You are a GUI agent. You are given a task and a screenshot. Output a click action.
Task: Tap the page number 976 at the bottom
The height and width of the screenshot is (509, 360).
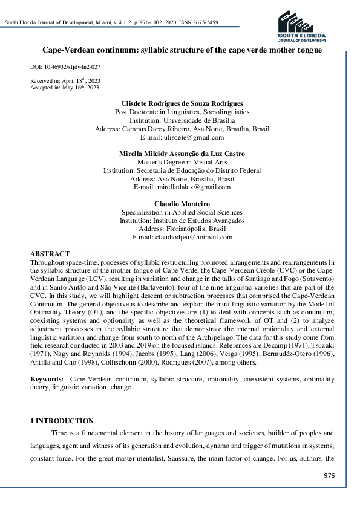pos(329,476)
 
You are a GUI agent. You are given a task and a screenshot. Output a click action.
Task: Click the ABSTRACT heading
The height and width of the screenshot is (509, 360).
pos(50,254)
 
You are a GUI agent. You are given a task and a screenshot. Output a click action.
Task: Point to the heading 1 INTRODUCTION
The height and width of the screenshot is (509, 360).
pos(62,421)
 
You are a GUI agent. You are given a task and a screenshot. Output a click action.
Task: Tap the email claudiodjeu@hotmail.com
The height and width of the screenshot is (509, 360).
pos(182,238)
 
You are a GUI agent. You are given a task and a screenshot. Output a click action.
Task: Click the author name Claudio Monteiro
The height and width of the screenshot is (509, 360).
pos(182,204)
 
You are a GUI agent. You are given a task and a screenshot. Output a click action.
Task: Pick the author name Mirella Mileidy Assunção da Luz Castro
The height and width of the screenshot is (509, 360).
pos(182,154)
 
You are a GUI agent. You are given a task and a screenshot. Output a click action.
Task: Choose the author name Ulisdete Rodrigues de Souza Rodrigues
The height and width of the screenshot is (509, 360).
pos(182,103)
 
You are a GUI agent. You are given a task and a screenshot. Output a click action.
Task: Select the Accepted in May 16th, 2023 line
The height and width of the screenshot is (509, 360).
pos(64,88)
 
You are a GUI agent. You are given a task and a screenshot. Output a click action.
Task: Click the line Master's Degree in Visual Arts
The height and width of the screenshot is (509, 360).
pos(182,162)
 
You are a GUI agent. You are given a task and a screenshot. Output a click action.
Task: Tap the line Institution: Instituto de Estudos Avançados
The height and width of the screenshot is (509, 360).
pos(182,221)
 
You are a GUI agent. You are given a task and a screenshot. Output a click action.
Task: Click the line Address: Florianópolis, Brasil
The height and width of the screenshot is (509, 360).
pos(182,229)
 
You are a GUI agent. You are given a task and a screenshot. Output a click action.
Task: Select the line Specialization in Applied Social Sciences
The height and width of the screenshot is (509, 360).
pos(182,212)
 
